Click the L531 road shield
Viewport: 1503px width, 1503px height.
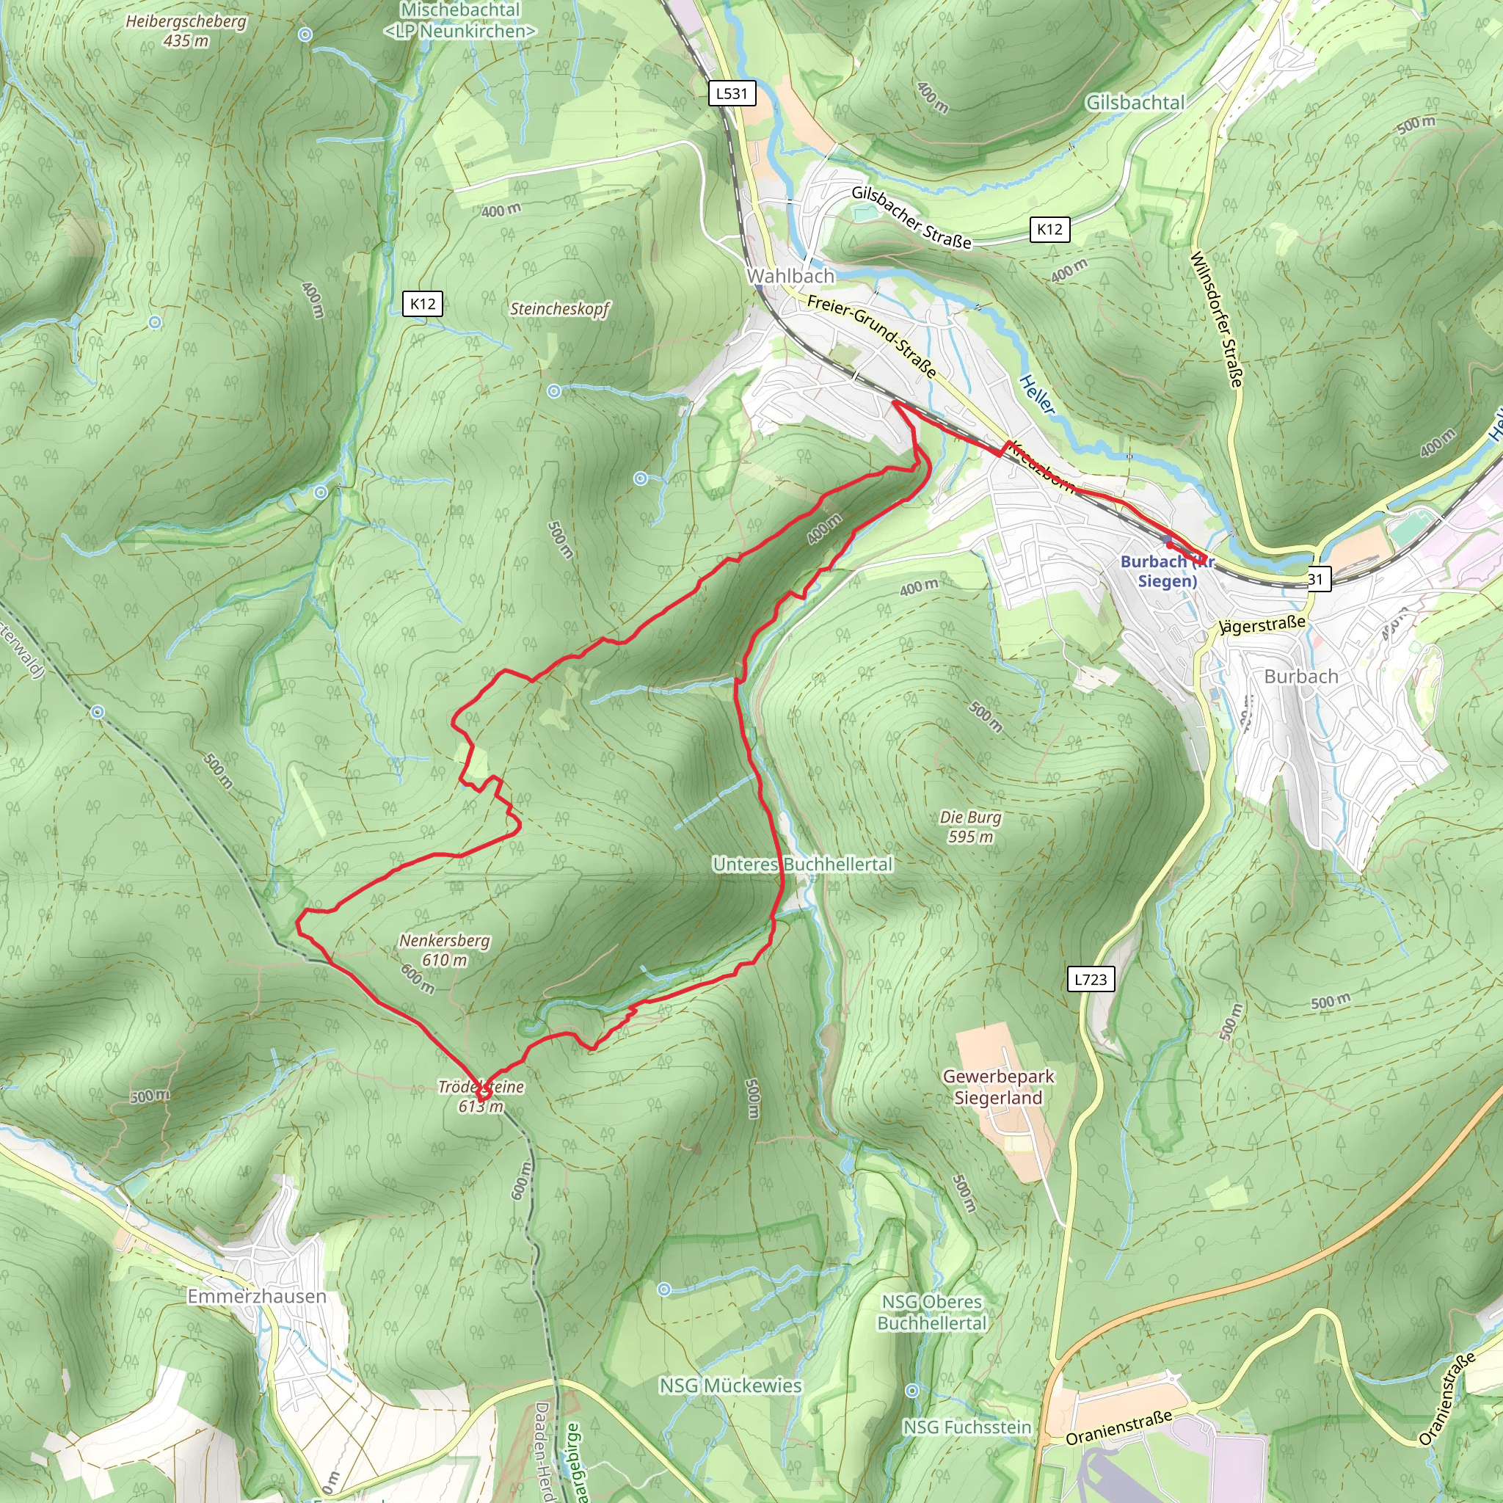point(731,93)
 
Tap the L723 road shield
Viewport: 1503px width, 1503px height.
point(1090,980)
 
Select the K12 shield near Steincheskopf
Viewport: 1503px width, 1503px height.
point(423,303)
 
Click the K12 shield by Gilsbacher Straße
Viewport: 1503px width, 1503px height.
point(1049,230)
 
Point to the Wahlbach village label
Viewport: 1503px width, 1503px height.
point(790,276)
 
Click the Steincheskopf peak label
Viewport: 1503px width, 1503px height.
point(559,309)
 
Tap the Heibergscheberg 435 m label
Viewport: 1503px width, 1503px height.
point(186,30)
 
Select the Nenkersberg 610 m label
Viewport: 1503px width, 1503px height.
point(445,950)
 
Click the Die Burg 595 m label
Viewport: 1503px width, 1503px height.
point(970,826)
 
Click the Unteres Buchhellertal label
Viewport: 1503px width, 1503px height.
point(802,865)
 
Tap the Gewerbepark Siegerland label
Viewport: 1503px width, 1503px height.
point(998,1087)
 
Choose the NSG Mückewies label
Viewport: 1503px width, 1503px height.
point(729,1386)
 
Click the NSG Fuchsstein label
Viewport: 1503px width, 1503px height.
point(967,1427)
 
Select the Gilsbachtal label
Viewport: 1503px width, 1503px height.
point(1135,103)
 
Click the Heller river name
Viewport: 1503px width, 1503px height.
point(1037,394)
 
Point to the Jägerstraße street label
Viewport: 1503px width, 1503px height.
point(1261,624)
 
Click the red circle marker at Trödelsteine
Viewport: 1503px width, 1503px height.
point(483,1093)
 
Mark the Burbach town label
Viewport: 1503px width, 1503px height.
point(1300,676)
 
